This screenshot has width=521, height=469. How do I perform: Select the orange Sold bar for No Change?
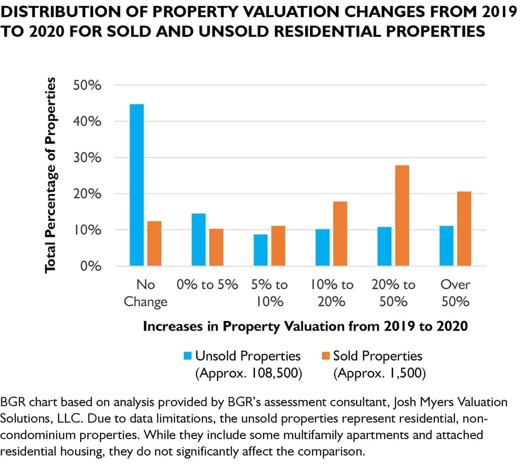pyautogui.click(x=154, y=243)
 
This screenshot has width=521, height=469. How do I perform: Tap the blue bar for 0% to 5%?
pyautogui.click(x=199, y=240)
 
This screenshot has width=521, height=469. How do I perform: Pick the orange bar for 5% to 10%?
pyautogui.click(x=278, y=246)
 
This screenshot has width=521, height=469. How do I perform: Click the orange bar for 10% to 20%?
pyautogui.click(x=340, y=234)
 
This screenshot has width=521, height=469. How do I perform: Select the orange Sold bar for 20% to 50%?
pyautogui.click(x=402, y=215)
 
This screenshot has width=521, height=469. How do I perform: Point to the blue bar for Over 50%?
pyautogui.click(x=446, y=246)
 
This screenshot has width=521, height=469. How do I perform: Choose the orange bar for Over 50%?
pyautogui.click(x=464, y=229)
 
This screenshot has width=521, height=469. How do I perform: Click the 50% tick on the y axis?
pyautogui.click(x=87, y=85)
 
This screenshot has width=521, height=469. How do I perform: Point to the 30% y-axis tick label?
pyautogui.click(x=87, y=158)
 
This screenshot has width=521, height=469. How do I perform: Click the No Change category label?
pyautogui.click(x=145, y=293)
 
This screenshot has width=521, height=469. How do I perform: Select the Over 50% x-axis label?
pyautogui.click(x=455, y=293)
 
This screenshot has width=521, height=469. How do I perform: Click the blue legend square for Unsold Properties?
pyautogui.click(x=188, y=356)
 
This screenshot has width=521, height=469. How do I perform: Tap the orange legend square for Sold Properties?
pyautogui.click(x=326, y=356)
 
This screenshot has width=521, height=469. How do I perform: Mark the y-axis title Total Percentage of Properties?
pyautogui.click(x=50, y=175)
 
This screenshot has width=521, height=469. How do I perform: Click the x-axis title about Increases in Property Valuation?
pyautogui.click(x=305, y=326)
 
